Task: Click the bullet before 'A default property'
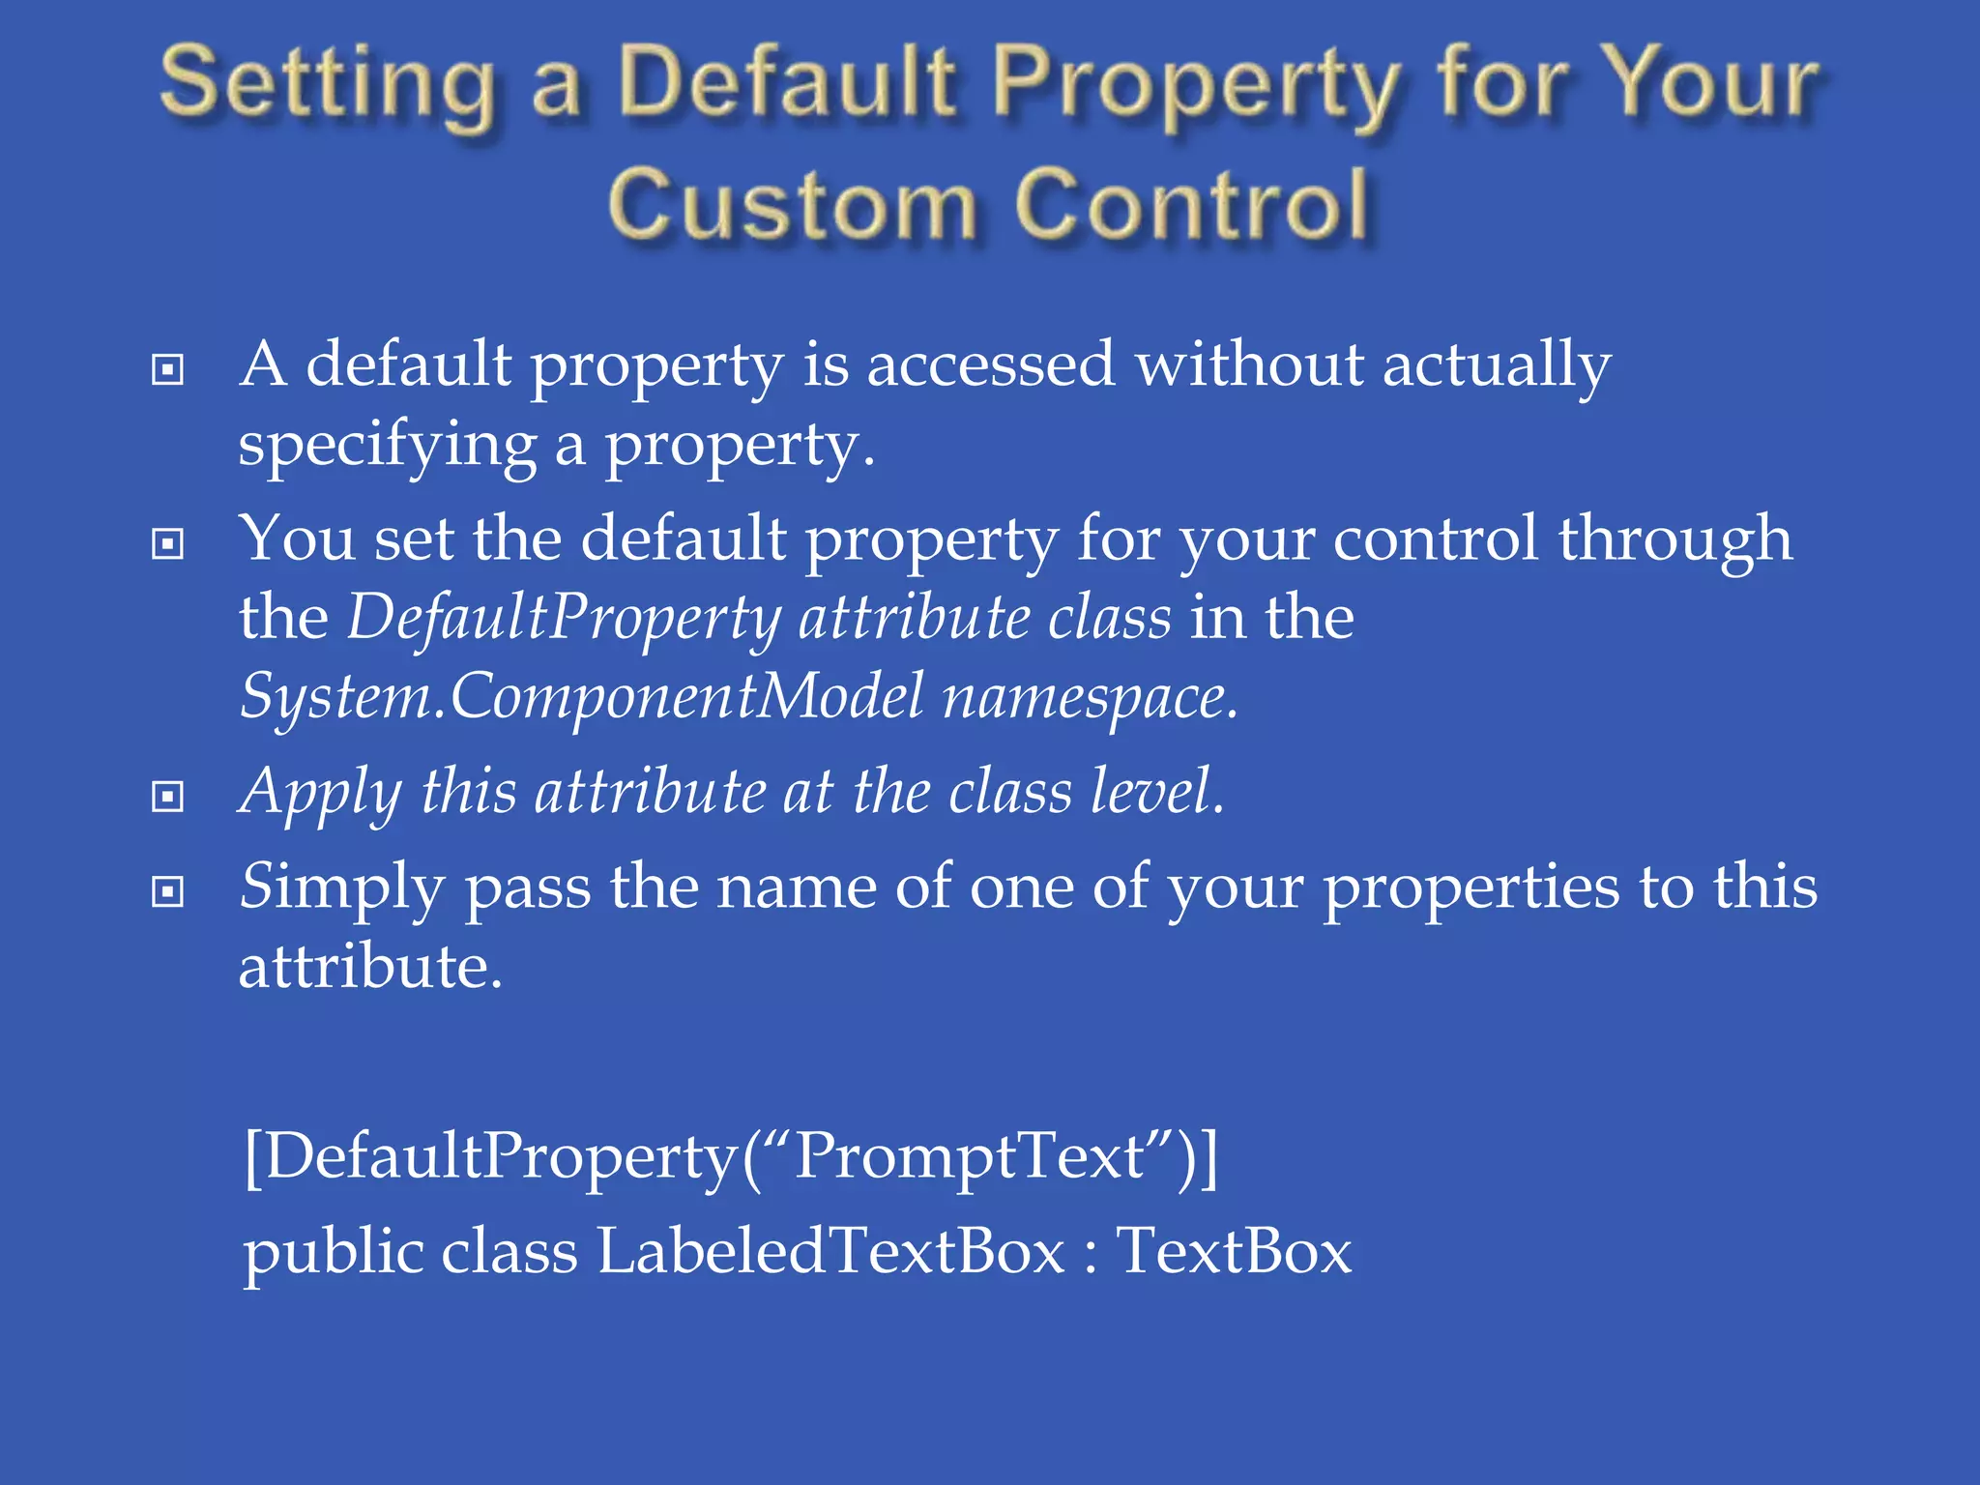(x=168, y=369)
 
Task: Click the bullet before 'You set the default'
(x=168, y=543)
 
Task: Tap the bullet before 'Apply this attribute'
(x=168, y=797)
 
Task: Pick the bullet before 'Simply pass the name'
(x=168, y=891)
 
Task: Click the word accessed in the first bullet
(x=990, y=365)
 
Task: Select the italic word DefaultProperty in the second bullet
(x=565, y=619)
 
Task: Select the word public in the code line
(x=333, y=1253)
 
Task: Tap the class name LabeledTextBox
(x=830, y=1251)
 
